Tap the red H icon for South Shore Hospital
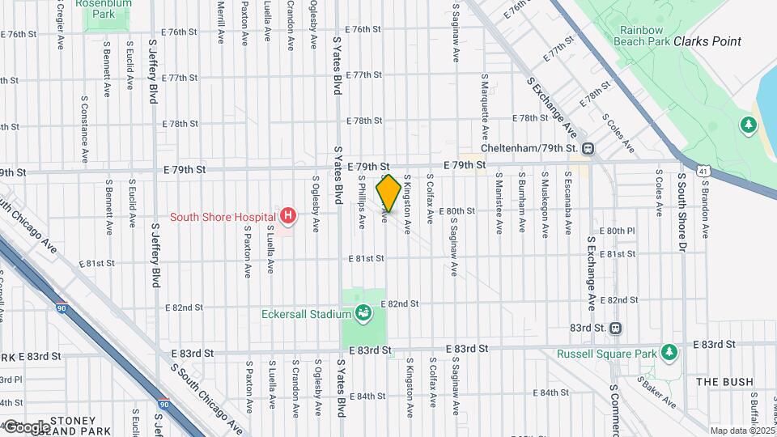287,216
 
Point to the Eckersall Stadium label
307,314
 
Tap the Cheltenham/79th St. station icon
588,148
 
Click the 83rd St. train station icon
616,328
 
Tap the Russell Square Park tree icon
669,352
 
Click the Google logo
26,426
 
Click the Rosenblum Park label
104,8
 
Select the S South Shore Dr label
682,210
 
